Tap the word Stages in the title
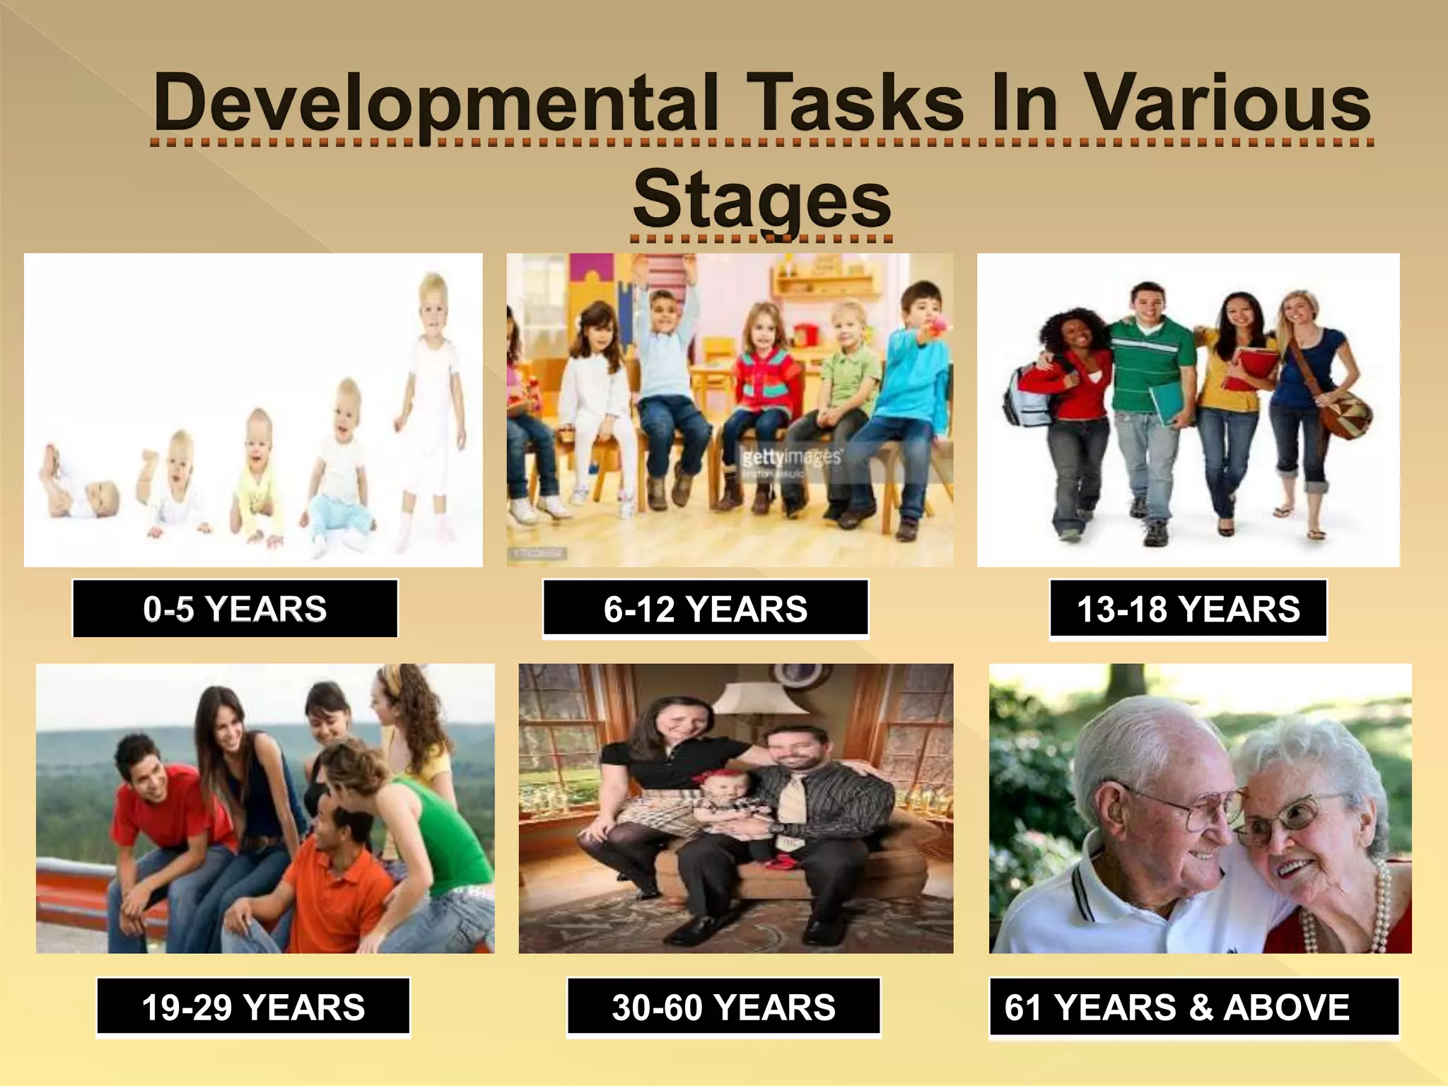[x=761, y=199]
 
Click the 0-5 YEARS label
[x=235, y=609]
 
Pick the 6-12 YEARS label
[x=705, y=609]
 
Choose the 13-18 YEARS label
[x=1188, y=609]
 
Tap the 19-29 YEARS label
[x=253, y=1007]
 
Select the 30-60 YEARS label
[x=723, y=1007]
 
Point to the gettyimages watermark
[x=791, y=457]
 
